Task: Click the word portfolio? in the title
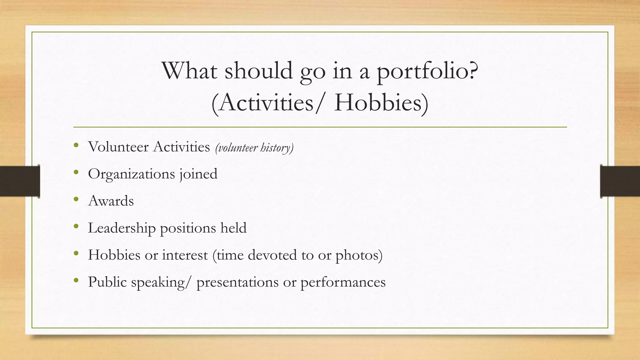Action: point(427,71)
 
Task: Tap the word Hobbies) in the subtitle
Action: point(381,103)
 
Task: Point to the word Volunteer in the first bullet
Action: point(118,147)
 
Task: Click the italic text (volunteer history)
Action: point(254,148)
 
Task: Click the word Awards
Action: point(111,201)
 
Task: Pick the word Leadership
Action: point(122,228)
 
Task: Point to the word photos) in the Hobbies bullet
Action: point(359,255)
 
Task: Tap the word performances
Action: point(343,282)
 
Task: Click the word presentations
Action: point(237,282)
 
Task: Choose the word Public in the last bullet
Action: point(107,282)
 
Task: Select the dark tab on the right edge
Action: point(620,181)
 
